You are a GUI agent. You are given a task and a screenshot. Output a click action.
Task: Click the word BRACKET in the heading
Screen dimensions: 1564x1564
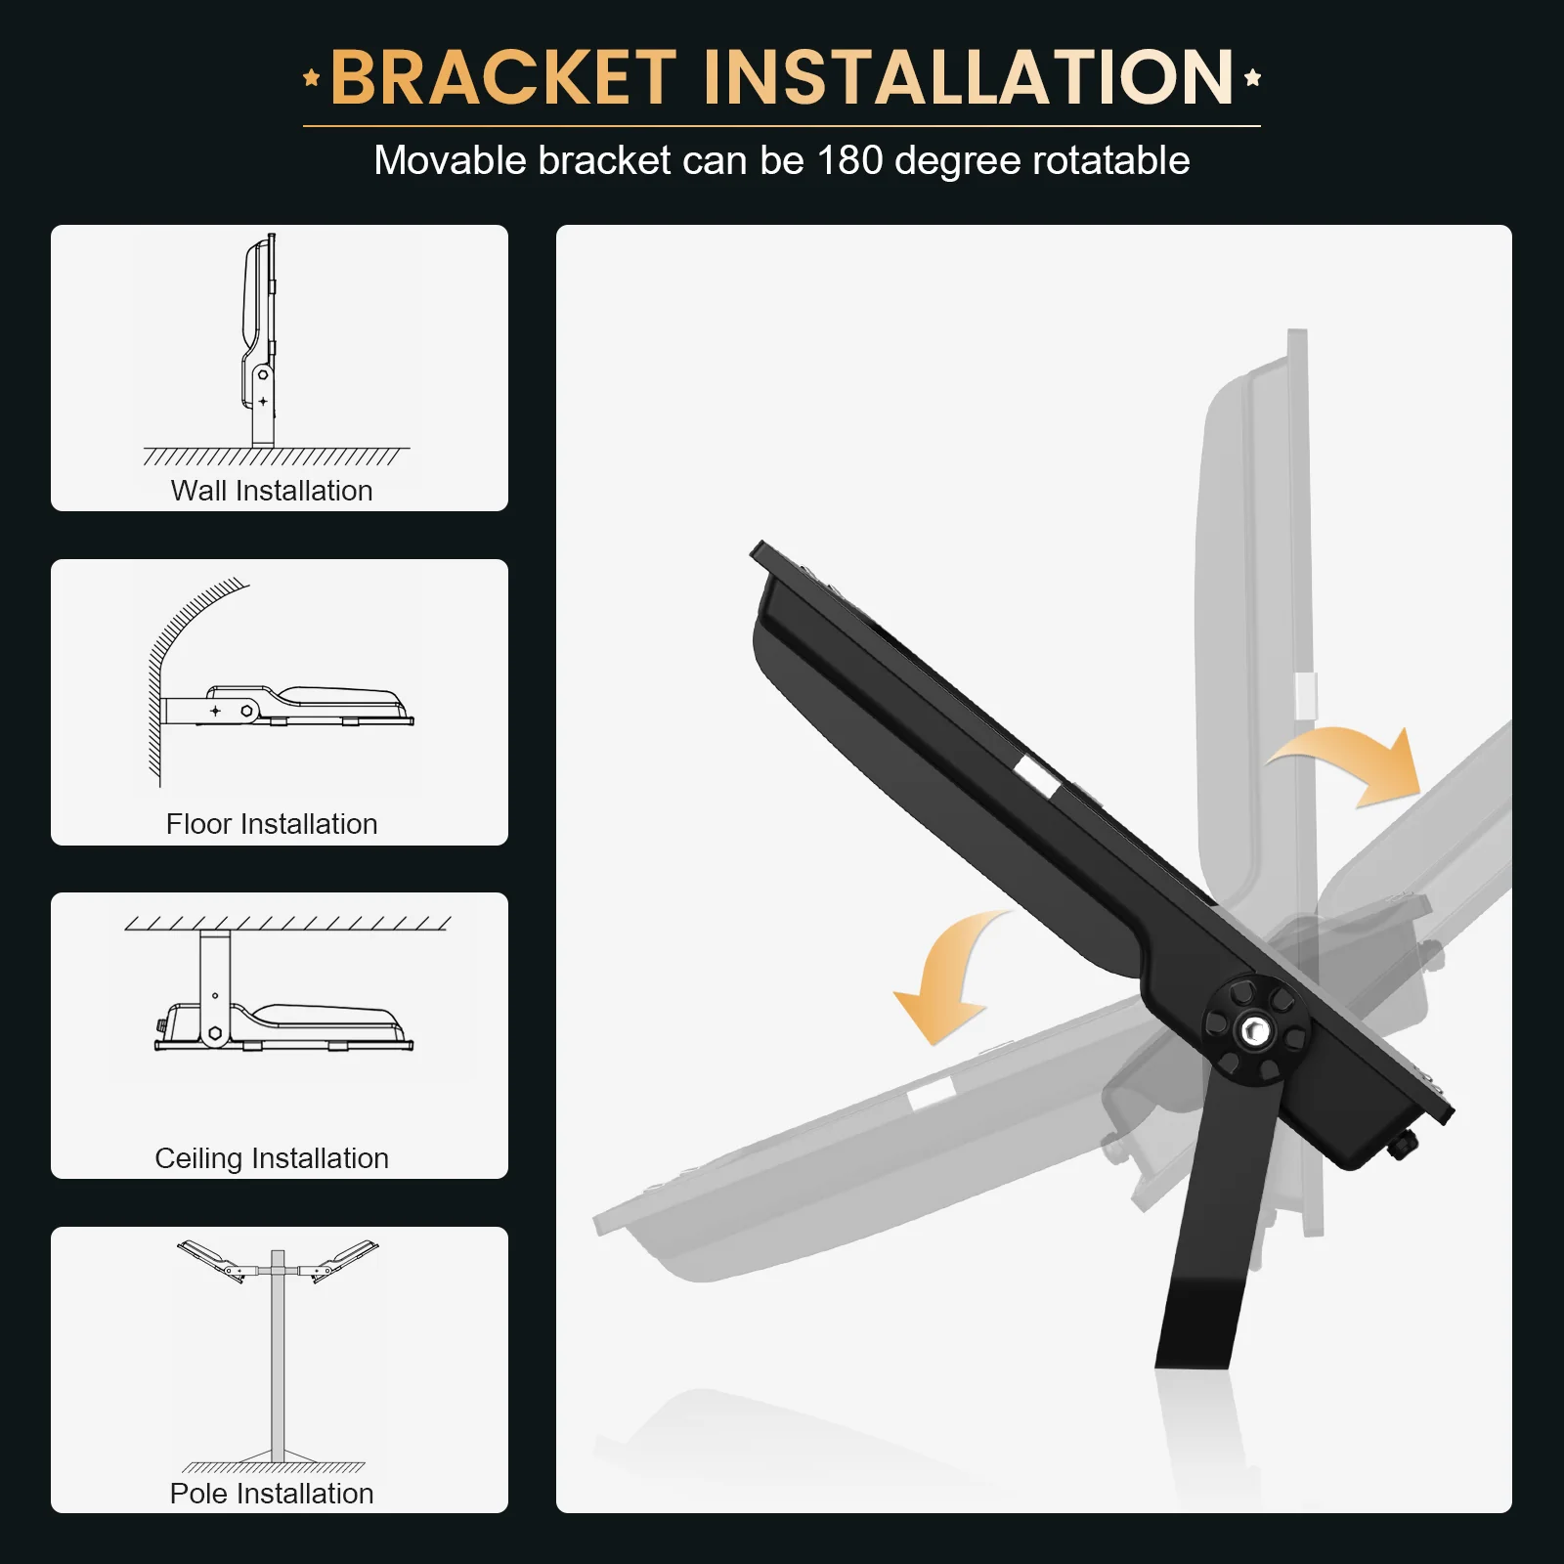[x=503, y=77]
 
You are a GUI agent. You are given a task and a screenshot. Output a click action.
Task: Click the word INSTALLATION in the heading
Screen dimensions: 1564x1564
[x=968, y=77]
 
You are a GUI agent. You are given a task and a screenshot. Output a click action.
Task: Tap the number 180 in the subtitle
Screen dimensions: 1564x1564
[x=849, y=160]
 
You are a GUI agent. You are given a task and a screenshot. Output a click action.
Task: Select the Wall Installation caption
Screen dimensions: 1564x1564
[x=272, y=490]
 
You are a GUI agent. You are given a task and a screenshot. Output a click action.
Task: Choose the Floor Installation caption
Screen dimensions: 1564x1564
[x=272, y=824]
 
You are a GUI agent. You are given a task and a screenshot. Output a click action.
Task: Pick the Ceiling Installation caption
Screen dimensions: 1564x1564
[x=272, y=1158]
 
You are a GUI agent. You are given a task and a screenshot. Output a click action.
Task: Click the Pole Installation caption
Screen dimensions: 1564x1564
[x=272, y=1493]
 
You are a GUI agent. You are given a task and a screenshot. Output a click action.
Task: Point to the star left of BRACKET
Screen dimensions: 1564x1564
[x=312, y=78]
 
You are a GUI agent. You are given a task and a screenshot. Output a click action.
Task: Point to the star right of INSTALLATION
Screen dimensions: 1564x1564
[x=1252, y=78]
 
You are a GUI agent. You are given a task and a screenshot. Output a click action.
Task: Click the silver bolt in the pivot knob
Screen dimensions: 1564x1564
[x=1253, y=1030]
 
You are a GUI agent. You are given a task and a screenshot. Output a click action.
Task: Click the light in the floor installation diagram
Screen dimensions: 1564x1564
[x=323, y=706]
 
